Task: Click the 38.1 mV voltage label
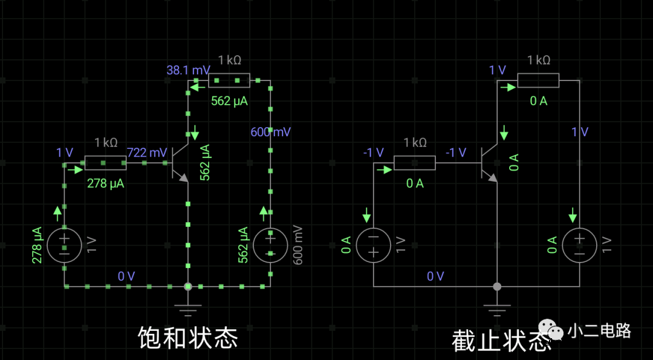(187, 70)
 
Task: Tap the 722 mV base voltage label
(147, 153)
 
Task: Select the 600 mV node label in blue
(270, 132)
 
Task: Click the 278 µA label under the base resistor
(105, 183)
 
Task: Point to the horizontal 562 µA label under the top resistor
(229, 102)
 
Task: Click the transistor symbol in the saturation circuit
(180, 162)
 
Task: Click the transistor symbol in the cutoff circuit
(489, 162)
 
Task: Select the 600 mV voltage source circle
(270, 245)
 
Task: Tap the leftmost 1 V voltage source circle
(64, 245)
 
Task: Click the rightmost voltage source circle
(579, 245)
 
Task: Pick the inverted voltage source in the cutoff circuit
(373, 245)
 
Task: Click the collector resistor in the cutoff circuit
(538, 80)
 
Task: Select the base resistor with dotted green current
(105, 163)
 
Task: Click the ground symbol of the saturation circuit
(188, 310)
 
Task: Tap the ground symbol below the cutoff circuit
(497, 310)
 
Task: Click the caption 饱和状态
(187, 338)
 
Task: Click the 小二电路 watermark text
(599, 331)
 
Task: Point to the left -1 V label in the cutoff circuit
(373, 152)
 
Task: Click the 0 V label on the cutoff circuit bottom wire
(435, 277)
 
